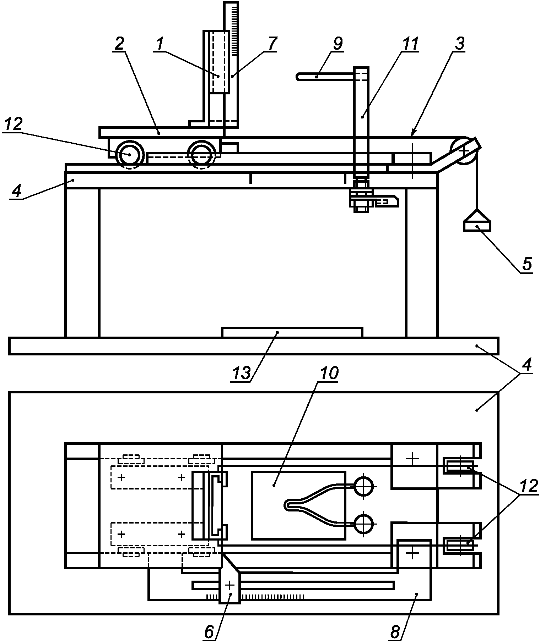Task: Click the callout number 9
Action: (x=337, y=43)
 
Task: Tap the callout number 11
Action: (x=409, y=44)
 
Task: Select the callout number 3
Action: (x=459, y=44)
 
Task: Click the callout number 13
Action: (x=241, y=373)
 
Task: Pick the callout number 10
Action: (x=329, y=373)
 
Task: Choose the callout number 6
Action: (x=210, y=632)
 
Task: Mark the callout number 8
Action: (x=395, y=632)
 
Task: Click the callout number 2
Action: (x=119, y=44)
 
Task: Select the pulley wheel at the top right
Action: (x=464, y=151)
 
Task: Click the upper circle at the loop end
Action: (x=363, y=486)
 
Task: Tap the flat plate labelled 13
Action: (x=292, y=332)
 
